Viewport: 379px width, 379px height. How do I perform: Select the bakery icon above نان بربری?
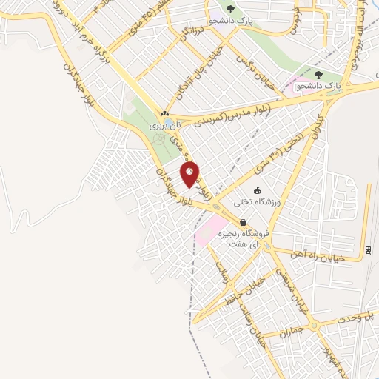(x=164, y=113)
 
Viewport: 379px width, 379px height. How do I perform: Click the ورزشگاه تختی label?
(x=256, y=202)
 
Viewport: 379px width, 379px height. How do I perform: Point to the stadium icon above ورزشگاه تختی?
(x=257, y=190)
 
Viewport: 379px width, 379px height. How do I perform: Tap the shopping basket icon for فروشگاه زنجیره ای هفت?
(x=244, y=222)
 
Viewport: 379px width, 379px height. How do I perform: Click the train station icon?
(x=369, y=249)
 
